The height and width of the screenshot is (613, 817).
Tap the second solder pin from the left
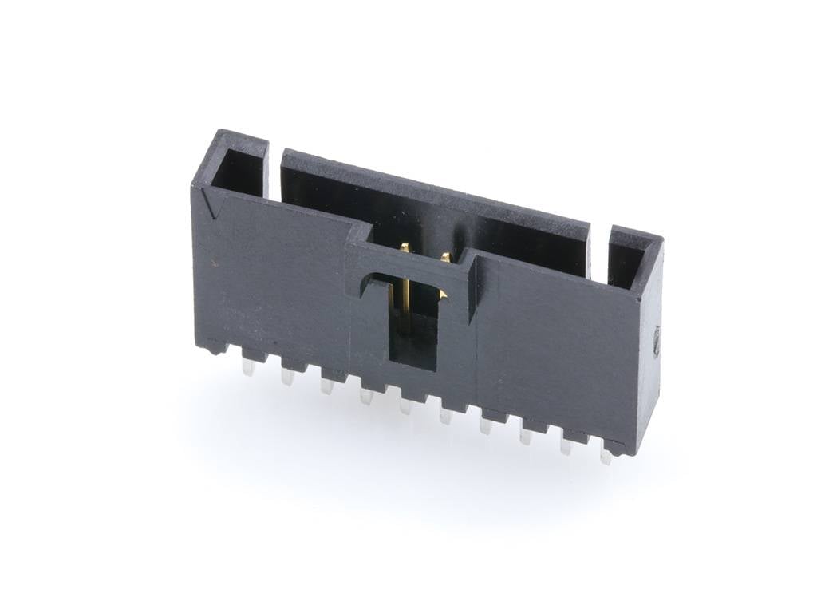[287, 377]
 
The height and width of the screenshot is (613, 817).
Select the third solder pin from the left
[326, 386]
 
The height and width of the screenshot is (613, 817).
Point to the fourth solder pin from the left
[366, 395]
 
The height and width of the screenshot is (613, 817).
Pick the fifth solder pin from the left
[406, 405]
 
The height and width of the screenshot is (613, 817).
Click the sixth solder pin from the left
[445, 415]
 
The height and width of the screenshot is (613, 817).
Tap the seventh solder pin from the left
[485, 425]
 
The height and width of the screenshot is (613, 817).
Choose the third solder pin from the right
[526, 436]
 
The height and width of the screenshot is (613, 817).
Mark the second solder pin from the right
[566, 445]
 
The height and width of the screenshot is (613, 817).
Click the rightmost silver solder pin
[606, 456]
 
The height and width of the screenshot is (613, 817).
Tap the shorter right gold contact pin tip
[444, 257]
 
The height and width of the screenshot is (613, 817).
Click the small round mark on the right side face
[656, 341]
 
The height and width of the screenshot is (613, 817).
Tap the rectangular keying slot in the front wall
[412, 323]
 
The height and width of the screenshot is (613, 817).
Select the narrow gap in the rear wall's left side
[274, 172]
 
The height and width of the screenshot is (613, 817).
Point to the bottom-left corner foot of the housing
[209, 348]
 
